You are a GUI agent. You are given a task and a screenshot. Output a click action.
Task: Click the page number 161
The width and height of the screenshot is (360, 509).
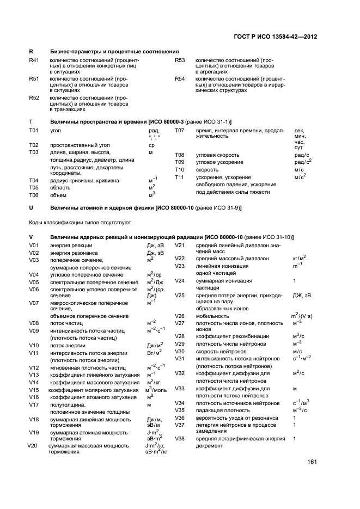(x=312, y=462)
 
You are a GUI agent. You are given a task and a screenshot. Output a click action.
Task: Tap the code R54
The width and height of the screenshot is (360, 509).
(x=180, y=79)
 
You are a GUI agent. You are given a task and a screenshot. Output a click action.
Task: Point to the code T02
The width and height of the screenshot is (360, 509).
(x=34, y=145)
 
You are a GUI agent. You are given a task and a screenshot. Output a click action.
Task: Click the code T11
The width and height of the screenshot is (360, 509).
(x=180, y=177)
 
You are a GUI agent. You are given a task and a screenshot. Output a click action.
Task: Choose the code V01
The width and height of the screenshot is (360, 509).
(x=34, y=246)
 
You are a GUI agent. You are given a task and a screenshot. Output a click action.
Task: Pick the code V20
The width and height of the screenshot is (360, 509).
(x=32, y=446)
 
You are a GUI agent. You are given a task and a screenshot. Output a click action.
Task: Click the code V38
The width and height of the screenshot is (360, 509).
(x=180, y=438)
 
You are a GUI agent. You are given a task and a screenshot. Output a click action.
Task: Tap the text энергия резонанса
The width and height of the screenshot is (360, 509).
(x=75, y=253)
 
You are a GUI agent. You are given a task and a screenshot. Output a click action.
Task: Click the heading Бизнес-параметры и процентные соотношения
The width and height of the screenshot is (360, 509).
(x=114, y=51)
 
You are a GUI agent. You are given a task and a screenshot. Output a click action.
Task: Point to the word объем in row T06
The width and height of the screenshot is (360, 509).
(x=58, y=195)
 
